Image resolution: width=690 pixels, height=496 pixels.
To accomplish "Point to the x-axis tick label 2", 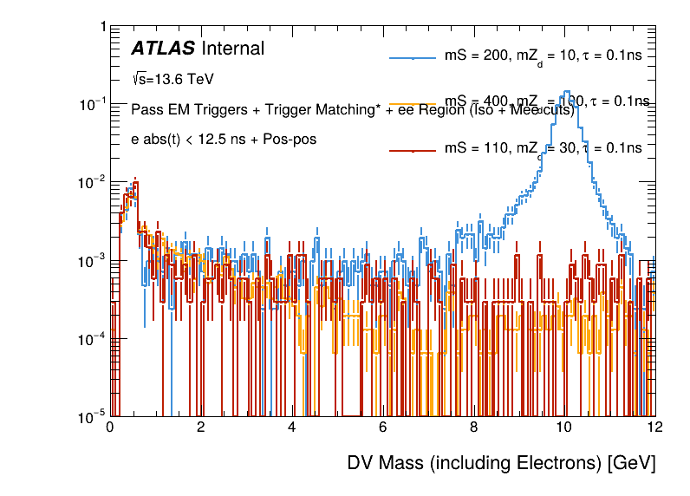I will pos(201,427).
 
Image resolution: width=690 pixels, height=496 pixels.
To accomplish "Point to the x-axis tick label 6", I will pos(382,427).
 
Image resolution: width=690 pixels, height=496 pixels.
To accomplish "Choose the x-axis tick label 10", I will pos(564,427).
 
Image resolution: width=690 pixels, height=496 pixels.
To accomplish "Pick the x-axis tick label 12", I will pos(654,427).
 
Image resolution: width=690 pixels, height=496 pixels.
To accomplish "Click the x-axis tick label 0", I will pos(110,427).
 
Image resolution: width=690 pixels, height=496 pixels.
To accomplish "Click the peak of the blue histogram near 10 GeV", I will pos(566,92).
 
